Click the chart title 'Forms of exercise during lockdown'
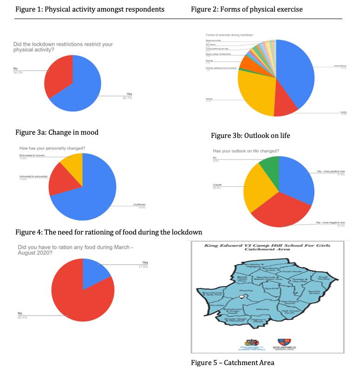(x=229, y=35)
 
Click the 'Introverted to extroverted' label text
(x=33, y=177)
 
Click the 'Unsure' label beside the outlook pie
(x=217, y=185)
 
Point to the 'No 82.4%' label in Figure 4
(x=20, y=316)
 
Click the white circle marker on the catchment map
(x=241, y=297)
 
